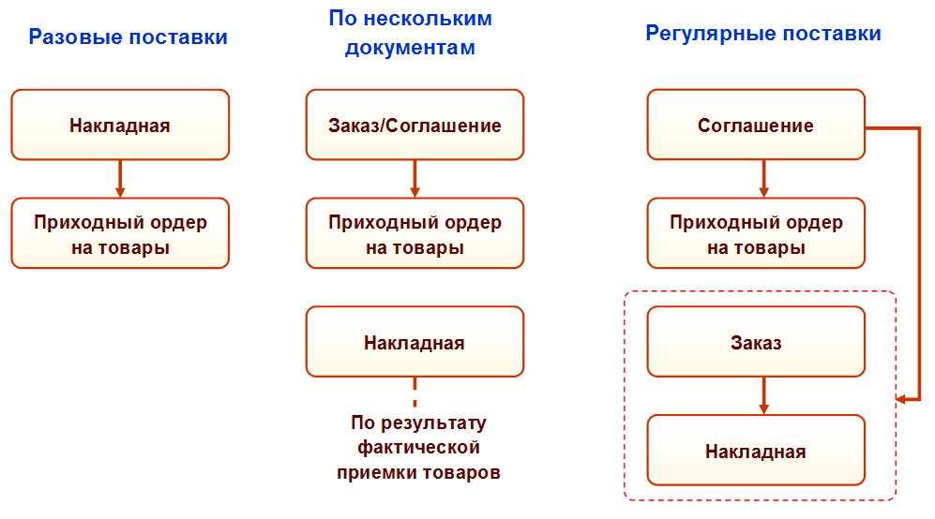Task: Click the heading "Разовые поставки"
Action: point(128,37)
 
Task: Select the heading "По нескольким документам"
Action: point(410,33)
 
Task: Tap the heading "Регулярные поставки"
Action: point(763,34)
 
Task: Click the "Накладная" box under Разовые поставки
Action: point(120,125)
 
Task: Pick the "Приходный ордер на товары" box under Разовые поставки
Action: point(120,233)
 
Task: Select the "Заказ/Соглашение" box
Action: point(415,125)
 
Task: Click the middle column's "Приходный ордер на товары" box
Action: point(415,233)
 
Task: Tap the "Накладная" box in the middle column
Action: point(415,342)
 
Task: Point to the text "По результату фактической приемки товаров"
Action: point(418,447)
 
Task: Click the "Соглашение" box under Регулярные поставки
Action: point(756,125)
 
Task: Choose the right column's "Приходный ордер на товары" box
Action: point(756,233)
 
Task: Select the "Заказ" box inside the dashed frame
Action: point(756,342)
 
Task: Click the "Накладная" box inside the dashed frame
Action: point(756,451)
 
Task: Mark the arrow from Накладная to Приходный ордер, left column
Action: point(120,178)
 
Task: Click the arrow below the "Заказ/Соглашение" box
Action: point(415,178)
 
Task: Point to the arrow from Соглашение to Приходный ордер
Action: point(763,178)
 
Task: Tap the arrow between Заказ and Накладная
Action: point(763,395)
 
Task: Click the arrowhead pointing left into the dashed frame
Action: point(902,399)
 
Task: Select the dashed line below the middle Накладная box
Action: point(415,392)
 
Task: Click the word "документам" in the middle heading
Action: point(410,48)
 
